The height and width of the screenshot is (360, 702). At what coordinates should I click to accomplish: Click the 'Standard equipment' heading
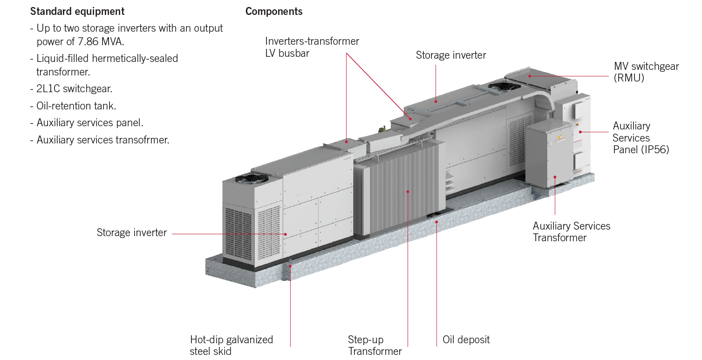[x=77, y=11]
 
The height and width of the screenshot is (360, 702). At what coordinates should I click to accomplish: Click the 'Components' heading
[x=274, y=11]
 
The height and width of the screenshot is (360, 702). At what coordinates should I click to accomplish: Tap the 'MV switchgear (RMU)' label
[x=646, y=72]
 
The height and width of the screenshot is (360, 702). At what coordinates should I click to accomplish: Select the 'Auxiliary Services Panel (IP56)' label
[x=641, y=138]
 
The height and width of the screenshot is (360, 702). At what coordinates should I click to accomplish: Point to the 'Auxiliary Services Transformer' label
[x=571, y=232]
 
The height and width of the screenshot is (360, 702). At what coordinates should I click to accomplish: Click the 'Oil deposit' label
[x=466, y=340]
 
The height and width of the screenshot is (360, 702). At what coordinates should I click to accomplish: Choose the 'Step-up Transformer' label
[x=375, y=345]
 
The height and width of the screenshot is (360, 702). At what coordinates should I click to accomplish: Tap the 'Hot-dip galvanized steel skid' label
[x=231, y=345]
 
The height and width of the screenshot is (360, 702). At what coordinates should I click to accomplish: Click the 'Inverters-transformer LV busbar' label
[x=312, y=47]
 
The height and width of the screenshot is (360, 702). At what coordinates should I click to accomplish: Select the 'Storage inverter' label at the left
[x=131, y=232]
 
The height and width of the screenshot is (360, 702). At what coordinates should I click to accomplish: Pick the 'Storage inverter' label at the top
[x=450, y=55]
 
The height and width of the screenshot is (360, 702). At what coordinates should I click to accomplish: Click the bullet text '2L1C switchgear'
[x=74, y=88]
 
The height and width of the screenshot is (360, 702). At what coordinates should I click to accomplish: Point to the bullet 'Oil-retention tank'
[x=76, y=106]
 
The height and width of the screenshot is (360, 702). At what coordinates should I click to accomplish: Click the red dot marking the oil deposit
[x=436, y=222]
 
